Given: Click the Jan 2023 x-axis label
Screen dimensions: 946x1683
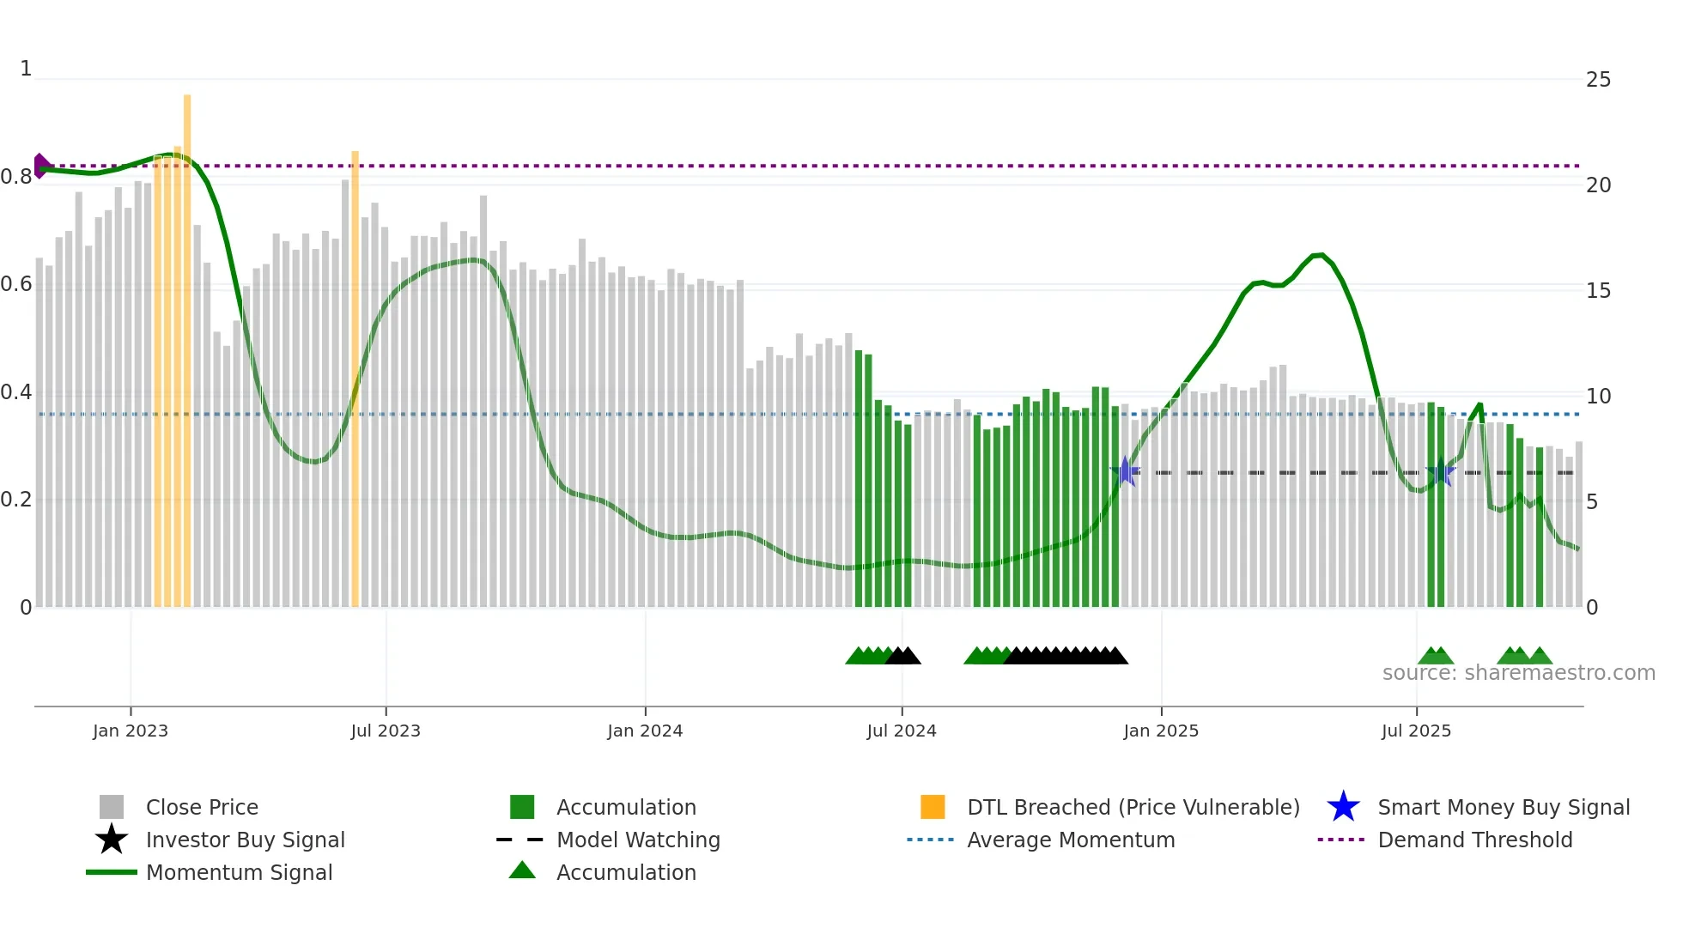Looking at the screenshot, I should click(x=131, y=731).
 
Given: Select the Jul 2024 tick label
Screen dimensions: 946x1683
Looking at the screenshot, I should click(x=902, y=731).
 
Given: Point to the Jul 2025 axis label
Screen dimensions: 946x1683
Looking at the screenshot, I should click(x=1416, y=731).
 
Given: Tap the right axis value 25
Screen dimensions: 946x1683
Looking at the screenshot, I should click(x=1598, y=80).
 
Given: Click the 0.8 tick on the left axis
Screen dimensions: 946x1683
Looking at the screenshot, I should click(x=16, y=178).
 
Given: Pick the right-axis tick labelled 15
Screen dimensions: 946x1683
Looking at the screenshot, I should click(x=1598, y=291).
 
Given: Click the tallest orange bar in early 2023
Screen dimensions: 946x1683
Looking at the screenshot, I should click(x=187, y=343).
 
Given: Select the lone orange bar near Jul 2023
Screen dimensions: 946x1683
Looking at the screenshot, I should click(x=355, y=378).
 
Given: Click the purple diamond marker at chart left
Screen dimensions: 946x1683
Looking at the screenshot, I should click(x=41, y=166).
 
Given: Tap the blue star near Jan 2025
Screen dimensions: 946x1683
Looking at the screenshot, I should click(x=1125, y=471).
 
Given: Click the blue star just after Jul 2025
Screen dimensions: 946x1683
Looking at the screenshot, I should click(x=1440, y=472).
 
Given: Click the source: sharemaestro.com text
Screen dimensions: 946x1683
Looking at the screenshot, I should click(x=1518, y=673).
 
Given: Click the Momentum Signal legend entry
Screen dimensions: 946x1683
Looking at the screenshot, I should click(x=239, y=872).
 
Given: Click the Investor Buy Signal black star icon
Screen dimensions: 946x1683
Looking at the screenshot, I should click(x=112, y=840).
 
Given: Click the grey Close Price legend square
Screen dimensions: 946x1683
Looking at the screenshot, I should click(x=112, y=807).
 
